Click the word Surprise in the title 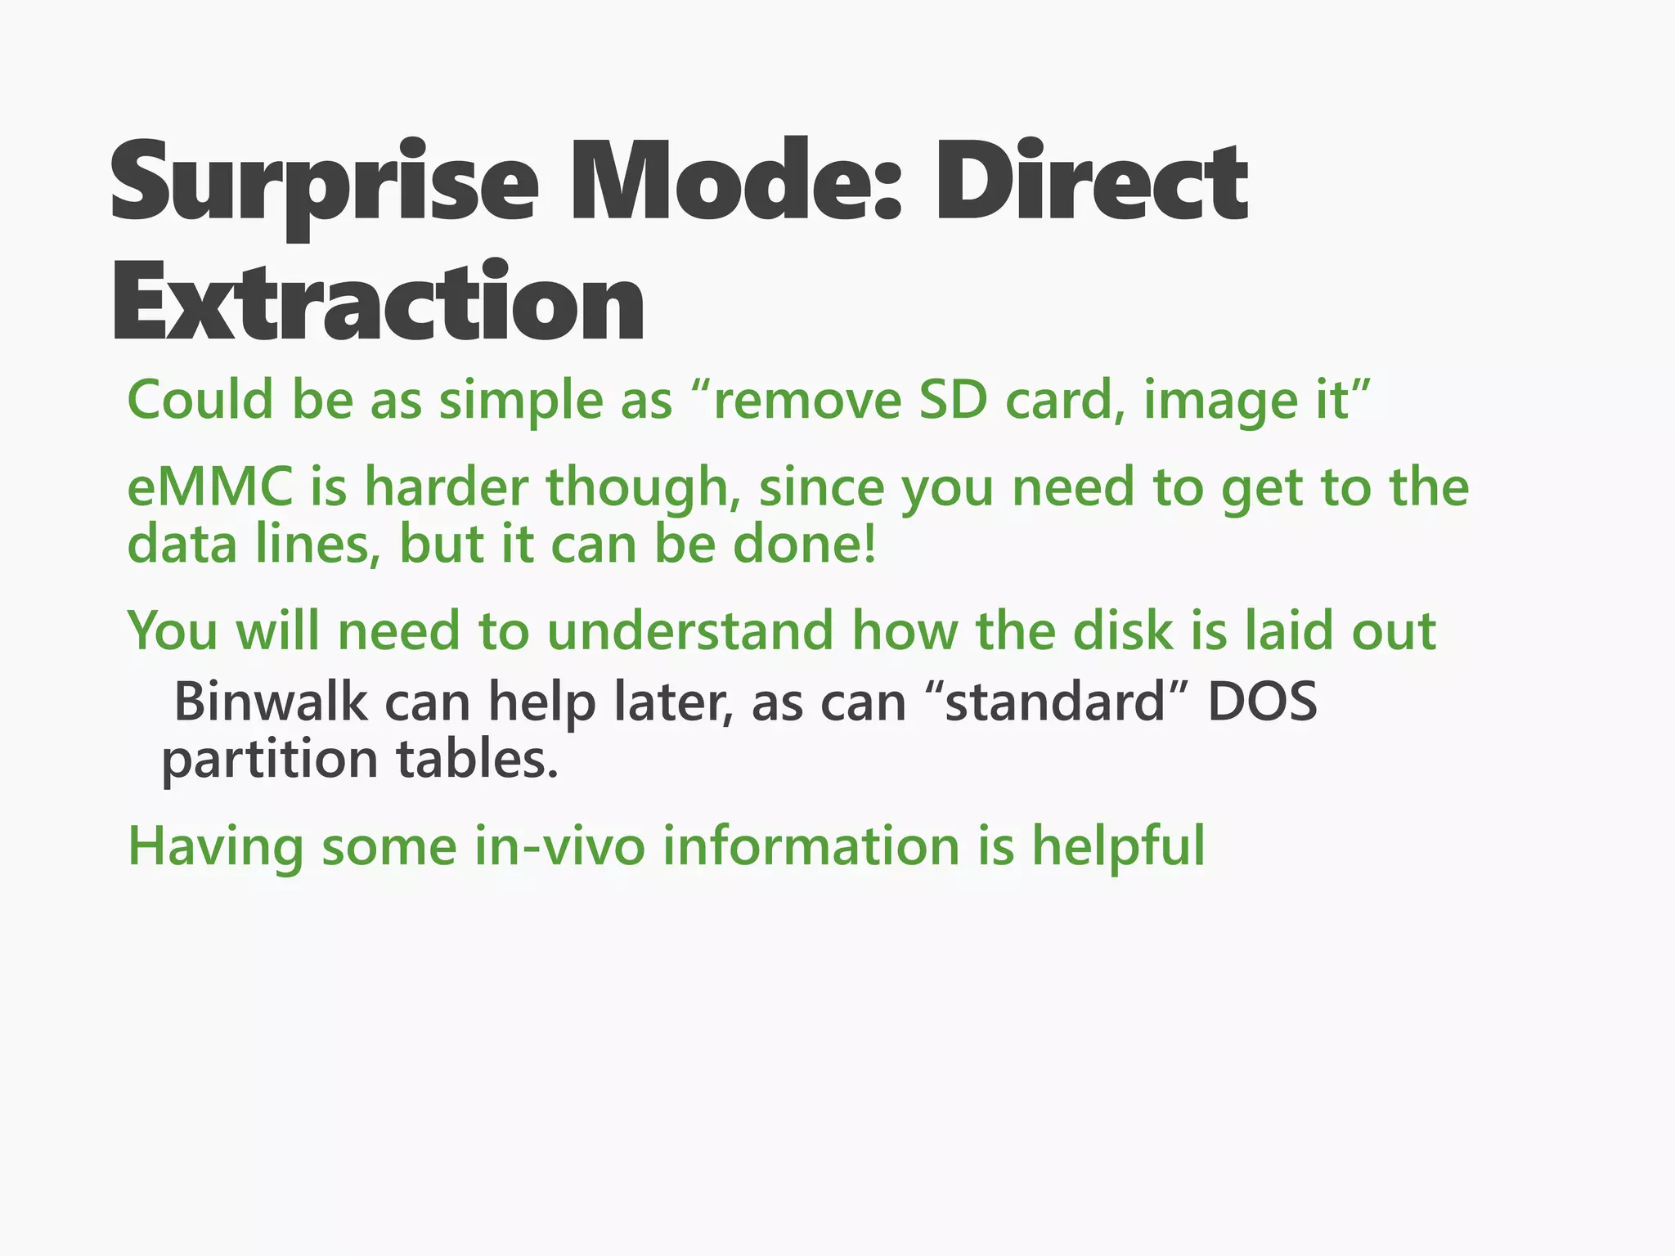tap(324, 184)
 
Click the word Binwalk tap(271, 702)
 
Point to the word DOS tap(1263, 702)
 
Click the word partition tap(270, 760)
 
